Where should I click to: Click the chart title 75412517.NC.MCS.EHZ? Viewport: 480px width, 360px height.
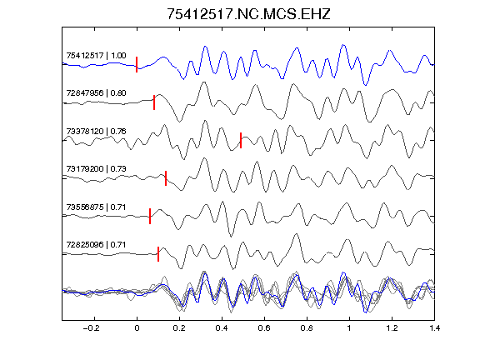(248, 14)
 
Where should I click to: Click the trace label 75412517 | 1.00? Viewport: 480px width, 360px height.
(96, 56)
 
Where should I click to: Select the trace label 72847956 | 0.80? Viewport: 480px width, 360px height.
(96, 93)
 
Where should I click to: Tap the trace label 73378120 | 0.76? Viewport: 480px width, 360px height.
(96, 132)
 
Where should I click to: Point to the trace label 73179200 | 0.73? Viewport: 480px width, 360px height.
(96, 169)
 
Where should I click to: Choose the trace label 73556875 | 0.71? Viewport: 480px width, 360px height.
(96, 207)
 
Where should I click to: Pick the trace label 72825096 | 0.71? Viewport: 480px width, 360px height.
(96, 245)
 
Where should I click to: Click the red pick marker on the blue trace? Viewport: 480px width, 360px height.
(137, 65)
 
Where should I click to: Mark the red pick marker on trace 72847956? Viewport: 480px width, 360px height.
(154, 102)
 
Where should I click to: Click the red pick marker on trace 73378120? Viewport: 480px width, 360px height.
(241, 140)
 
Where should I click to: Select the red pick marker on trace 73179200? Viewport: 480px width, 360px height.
(166, 178)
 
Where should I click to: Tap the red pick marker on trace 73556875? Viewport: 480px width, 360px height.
(150, 216)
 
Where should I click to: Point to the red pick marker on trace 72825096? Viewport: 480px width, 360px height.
(158, 254)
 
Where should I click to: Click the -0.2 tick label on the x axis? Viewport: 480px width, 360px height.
(91, 328)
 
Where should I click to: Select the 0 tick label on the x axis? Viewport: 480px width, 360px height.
(137, 328)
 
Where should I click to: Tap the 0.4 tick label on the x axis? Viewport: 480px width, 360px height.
(222, 328)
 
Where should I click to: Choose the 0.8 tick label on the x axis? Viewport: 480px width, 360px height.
(307, 328)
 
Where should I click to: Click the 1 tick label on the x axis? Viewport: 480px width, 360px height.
(349, 328)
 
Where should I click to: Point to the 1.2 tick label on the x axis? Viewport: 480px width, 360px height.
(392, 328)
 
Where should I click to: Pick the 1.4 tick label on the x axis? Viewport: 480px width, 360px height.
(434, 328)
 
